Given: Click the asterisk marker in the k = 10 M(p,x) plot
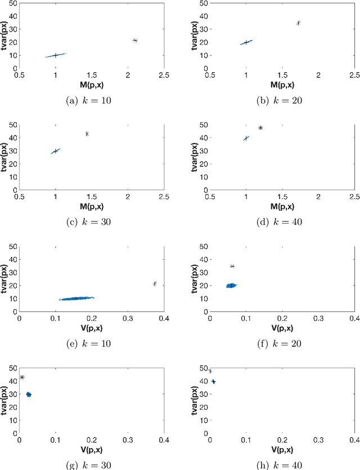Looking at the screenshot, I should point(135,40).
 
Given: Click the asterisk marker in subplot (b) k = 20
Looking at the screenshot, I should point(298,23).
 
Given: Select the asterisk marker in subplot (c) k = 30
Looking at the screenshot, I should point(87,134).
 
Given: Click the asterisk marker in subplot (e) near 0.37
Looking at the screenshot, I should point(155,284).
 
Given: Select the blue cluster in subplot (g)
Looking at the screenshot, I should point(29,395).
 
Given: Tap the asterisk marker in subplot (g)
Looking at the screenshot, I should point(22,377).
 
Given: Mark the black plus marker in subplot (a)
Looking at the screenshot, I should point(55,55).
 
